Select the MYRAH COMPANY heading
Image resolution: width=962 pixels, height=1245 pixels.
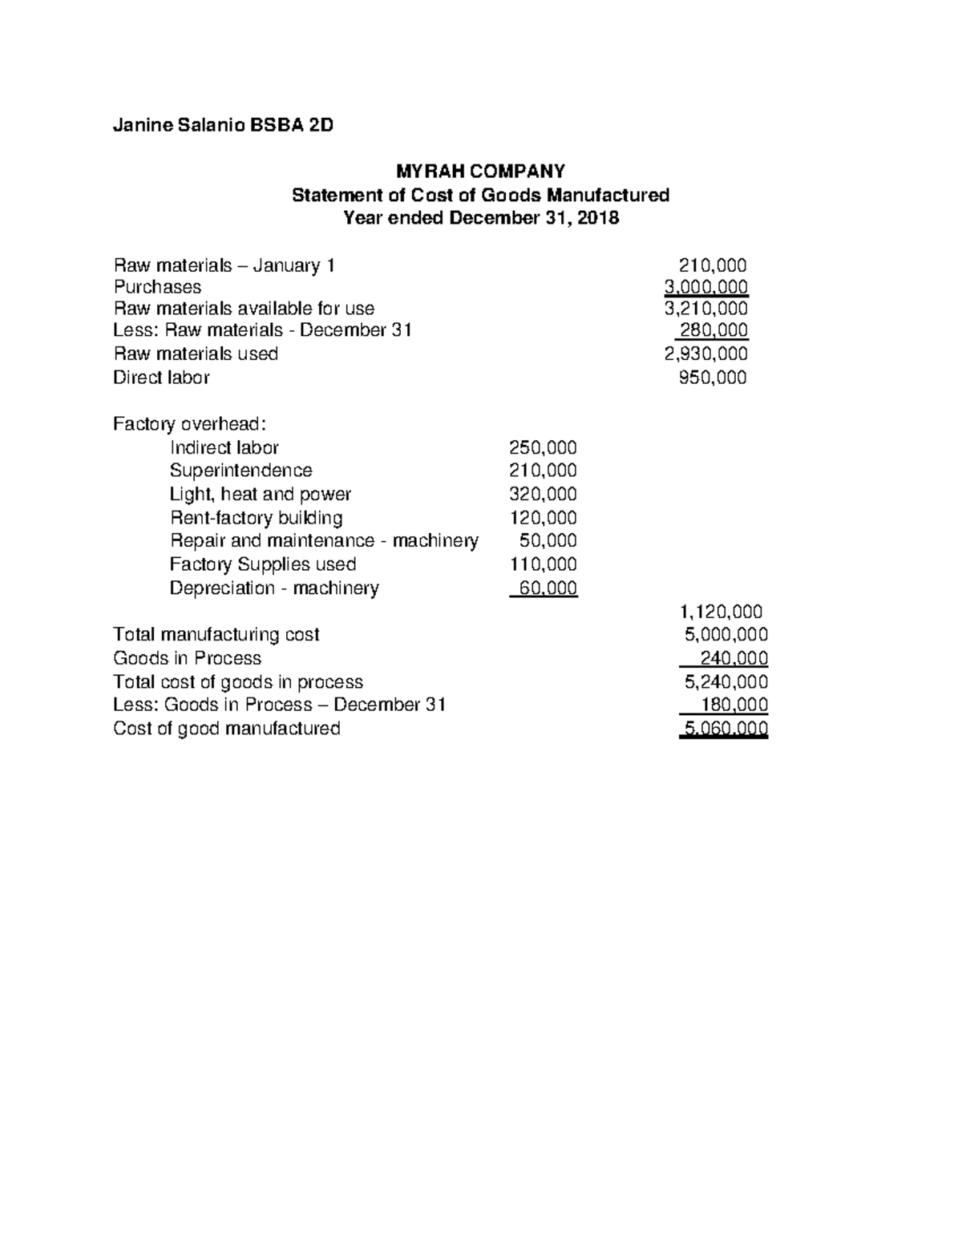point(480,171)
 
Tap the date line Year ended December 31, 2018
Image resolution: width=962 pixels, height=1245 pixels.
point(480,218)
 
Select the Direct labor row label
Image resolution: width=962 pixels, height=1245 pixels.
point(161,378)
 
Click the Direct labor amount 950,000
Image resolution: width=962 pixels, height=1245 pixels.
point(712,378)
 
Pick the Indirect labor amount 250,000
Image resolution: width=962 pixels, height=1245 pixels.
point(543,447)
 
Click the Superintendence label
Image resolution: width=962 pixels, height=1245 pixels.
point(240,471)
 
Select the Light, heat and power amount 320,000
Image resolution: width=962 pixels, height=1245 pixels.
point(543,494)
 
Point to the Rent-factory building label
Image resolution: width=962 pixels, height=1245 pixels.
point(256,518)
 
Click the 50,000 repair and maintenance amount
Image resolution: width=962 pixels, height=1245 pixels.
point(548,541)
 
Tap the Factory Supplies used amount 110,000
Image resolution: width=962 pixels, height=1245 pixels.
point(543,564)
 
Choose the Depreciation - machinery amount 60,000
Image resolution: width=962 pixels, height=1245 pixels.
point(548,588)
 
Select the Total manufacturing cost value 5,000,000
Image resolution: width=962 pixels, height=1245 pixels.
point(726,635)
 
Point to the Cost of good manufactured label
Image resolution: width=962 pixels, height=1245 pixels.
point(227,729)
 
